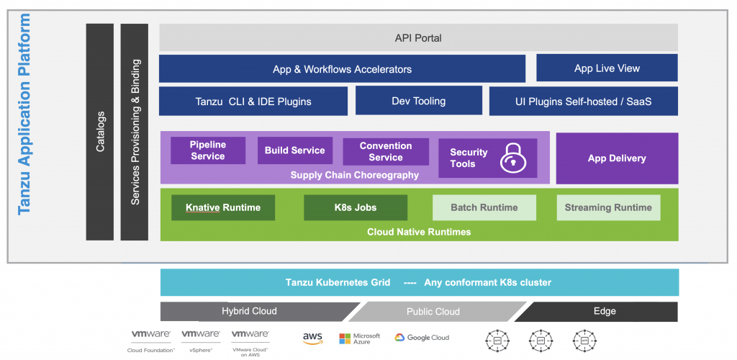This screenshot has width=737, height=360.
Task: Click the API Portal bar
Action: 418,37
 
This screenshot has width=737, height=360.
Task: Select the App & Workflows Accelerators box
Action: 342,69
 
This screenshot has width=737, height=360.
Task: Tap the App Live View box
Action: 607,68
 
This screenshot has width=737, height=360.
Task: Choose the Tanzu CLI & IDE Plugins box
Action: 253,102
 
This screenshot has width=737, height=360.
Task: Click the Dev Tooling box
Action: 418,102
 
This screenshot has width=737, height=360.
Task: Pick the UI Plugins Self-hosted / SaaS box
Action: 583,102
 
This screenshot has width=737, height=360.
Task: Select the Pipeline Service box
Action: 207,150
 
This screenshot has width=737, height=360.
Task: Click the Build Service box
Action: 294,150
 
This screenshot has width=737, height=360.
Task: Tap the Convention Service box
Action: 385,151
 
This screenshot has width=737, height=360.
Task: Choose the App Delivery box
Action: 617,158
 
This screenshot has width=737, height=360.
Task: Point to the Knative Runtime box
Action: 223,207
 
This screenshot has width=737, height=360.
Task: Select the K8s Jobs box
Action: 355,207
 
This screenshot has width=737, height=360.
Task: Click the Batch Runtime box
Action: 484,207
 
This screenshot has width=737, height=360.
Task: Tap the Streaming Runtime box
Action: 607,207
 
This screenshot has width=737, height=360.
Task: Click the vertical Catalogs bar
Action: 100,132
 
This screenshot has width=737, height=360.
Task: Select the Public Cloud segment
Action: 433,311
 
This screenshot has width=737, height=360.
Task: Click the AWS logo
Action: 312,338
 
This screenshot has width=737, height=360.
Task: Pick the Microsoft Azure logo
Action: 359,338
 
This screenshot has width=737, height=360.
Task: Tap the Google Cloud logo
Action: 422,337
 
